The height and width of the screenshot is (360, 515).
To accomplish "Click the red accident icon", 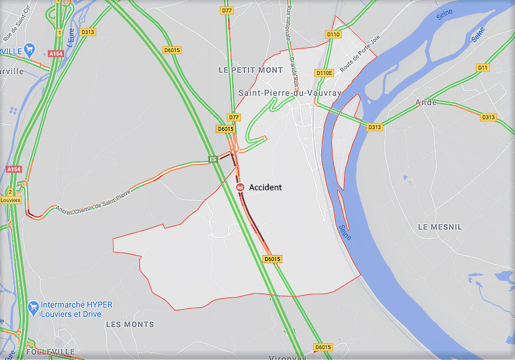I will (240, 187).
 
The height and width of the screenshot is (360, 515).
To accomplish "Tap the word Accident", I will (265, 187).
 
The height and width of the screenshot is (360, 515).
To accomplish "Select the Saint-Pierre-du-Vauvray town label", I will (290, 93).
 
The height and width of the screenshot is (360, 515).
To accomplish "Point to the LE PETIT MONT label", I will (250, 70).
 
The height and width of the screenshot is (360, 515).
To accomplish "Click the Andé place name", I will (426, 102).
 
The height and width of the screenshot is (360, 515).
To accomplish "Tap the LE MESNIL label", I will (440, 226).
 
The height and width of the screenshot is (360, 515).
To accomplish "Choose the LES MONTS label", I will (130, 324).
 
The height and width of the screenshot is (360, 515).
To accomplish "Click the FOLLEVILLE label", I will (51, 352).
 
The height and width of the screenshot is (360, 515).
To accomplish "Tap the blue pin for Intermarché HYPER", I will (33, 306).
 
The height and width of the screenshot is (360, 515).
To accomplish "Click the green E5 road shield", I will (213, 159).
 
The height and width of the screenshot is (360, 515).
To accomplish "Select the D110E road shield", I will (324, 73).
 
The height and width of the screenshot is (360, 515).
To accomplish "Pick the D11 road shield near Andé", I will (482, 68).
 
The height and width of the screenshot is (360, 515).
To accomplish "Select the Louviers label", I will (10, 200).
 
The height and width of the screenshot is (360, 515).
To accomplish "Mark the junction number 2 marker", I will (10, 192).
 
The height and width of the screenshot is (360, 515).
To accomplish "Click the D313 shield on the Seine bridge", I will (374, 127).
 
